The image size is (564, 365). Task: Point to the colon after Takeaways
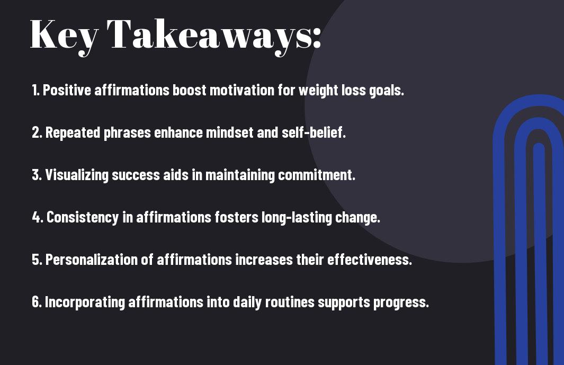(x=317, y=38)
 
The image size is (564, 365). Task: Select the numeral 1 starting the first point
(x=34, y=90)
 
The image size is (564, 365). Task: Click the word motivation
(x=241, y=90)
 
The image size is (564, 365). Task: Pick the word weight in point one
(x=318, y=91)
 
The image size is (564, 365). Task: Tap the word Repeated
(x=73, y=132)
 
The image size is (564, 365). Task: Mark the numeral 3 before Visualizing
(x=35, y=175)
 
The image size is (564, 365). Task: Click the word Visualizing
(x=77, y=175)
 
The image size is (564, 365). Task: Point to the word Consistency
(x=83, y=218)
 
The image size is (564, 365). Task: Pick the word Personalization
(x=92, y=260)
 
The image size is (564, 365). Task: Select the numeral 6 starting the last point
(x=35, y=302)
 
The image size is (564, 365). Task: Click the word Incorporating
(x=85, y=302)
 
